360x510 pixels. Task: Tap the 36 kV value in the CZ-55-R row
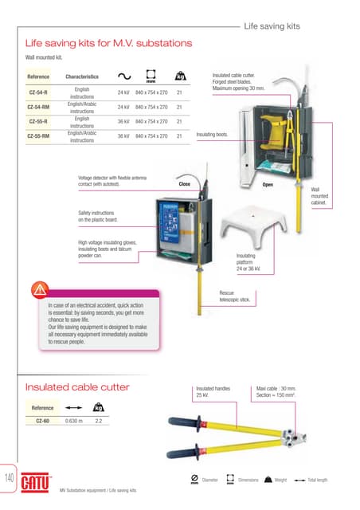tap(123, 122)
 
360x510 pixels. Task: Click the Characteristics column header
tap(81, 77)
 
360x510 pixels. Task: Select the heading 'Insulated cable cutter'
tap(76, 388)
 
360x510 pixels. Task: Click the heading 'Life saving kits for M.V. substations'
tap(108, 42)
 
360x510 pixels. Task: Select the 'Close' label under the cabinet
tap(184, 183)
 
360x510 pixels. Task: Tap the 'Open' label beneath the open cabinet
tap(268, 183)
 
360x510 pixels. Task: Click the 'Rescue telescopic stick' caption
tap(235, 296)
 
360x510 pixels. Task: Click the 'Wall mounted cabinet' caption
tap(319, 195)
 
